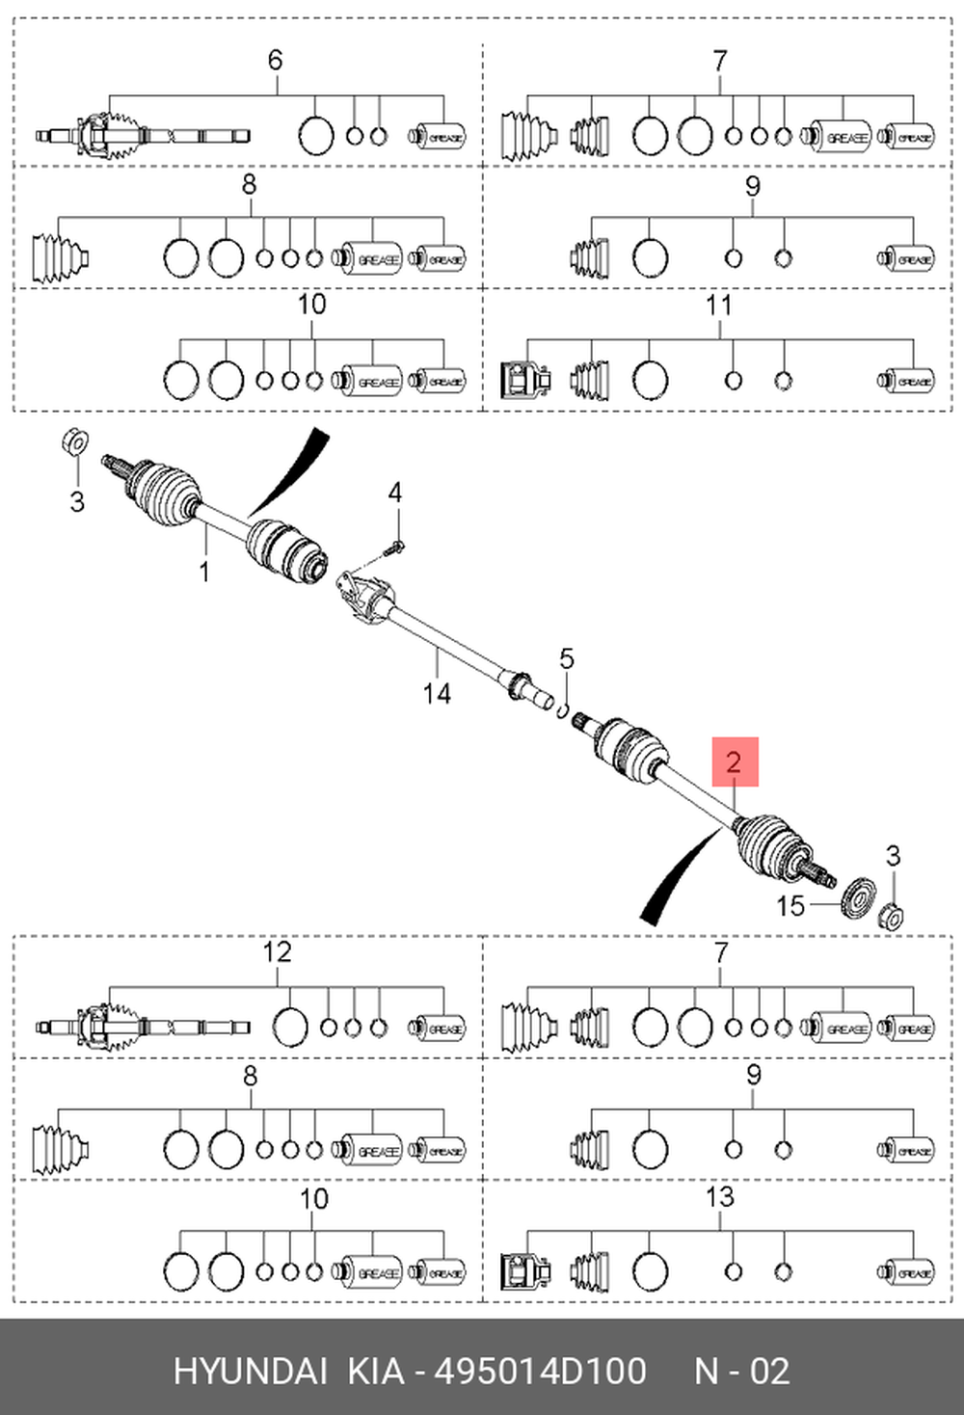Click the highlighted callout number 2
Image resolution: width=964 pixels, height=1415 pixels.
(734, 762)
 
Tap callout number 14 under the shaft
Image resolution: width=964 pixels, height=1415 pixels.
(436, 693)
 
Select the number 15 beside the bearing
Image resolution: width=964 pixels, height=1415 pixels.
(790, 906)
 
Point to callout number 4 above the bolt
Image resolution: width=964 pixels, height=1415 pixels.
(395, 494)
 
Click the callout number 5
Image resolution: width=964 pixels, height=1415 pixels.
(567, 659)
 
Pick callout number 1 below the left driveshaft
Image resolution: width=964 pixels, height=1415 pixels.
(204, 572)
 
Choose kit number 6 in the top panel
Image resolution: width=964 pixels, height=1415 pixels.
(276, 61)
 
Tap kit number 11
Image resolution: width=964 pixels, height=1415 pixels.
(719, 306)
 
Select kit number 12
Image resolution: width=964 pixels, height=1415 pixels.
(277, 952)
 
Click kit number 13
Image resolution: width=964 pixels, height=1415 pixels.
(719, 1197)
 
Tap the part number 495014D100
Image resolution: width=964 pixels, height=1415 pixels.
(541, 1371)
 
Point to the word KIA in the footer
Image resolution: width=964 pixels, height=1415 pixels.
(376, 1371)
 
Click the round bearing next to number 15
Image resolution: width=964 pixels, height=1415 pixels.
(856, 899)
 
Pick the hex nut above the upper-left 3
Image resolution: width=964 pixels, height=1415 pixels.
(72, 442)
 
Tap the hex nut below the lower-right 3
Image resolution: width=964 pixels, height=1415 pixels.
(893, 915)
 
